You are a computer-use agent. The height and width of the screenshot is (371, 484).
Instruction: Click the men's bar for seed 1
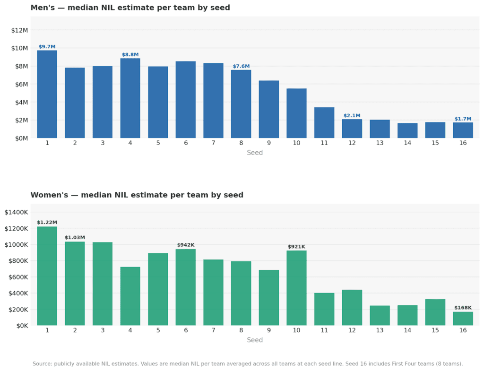click(x=47, y=95)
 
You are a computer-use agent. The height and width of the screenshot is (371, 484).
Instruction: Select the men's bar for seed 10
click(x=296, y=113)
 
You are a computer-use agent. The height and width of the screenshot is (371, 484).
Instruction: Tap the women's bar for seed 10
click(x=296, y=288)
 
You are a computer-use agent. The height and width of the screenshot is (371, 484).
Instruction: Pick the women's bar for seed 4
click(x=130, y=296)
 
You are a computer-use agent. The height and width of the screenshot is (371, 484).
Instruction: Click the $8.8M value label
click(x=130, y=55)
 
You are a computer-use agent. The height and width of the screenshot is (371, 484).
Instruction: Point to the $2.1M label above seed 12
click(x=352, y=116)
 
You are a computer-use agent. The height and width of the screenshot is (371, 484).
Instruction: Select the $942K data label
click(x=185, y=245)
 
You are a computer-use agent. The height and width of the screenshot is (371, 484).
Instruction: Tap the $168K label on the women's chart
click(x=463, y=308)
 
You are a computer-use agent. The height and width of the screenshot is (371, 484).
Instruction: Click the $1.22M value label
click(x=47, y=223)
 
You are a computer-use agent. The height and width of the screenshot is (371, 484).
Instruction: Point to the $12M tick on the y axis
click(x=19, y=30)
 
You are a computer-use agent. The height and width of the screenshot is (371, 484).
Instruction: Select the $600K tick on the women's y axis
click(x=18, y=277)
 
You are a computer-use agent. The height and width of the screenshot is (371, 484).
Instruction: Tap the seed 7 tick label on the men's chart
click(x=213, y=143)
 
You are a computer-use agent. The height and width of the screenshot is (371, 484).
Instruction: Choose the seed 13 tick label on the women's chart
click(x=380, y=330)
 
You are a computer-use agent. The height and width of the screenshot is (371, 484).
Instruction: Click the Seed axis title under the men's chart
click(x=255, y=153)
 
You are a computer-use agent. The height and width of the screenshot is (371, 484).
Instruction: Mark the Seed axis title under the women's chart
click(x=255, y=340)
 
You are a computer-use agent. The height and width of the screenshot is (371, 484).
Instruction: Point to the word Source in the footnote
click(x=42, y=364)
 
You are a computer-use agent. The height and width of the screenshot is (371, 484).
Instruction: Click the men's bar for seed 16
click(x=463, y=130)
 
